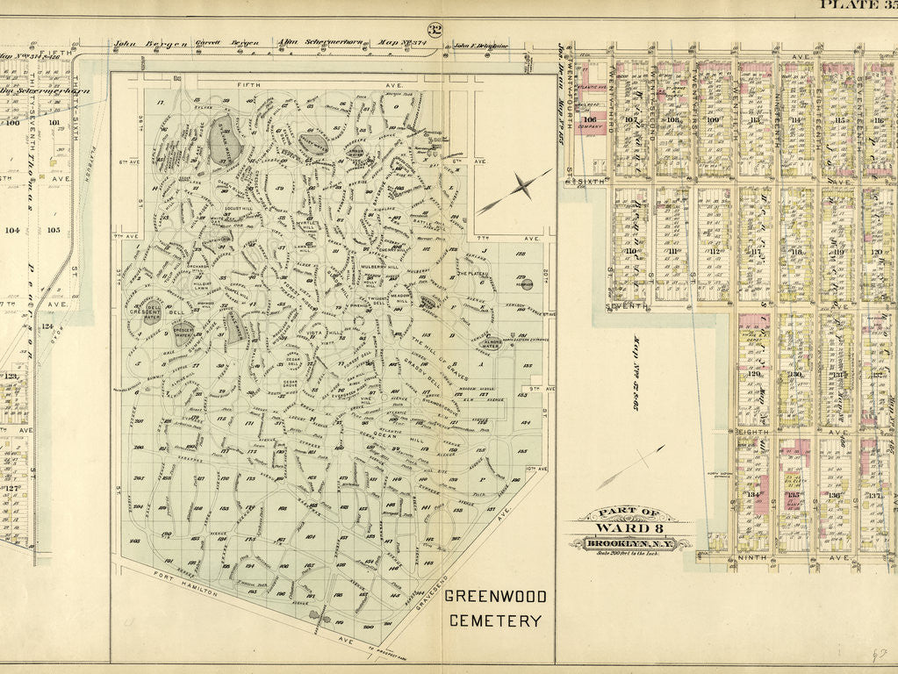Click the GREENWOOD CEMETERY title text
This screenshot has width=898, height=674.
[x=495, y=608]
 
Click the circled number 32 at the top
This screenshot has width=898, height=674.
[x=435, y=31]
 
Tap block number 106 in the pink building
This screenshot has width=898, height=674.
[x=589, y=120]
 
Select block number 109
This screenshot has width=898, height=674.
[x=713, y=120]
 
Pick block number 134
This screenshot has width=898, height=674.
[x=751, y=495]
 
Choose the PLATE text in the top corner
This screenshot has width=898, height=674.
[x=845, y=4]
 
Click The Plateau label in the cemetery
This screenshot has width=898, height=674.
[x=472, y=275]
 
